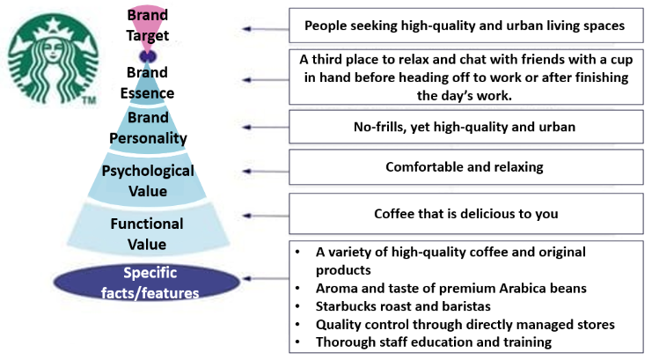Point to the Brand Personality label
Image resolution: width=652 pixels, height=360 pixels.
pos(148,128)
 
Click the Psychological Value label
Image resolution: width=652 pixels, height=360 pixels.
pos(148,179)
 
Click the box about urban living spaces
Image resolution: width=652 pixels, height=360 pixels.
pos(464,26)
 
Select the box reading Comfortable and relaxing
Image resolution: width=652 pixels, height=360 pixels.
pos(464,166)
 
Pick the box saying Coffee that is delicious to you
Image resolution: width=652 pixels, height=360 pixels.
pos(464,213)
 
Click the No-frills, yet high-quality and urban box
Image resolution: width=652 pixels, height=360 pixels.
pos(464,127)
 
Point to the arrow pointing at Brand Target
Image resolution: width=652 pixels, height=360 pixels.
pos(263,29)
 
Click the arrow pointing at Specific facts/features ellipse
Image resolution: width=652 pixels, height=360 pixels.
pos(263,277)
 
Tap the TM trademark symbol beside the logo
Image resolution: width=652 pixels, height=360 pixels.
pos(88,102)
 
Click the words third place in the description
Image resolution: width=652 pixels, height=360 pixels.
pos(352,60)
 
